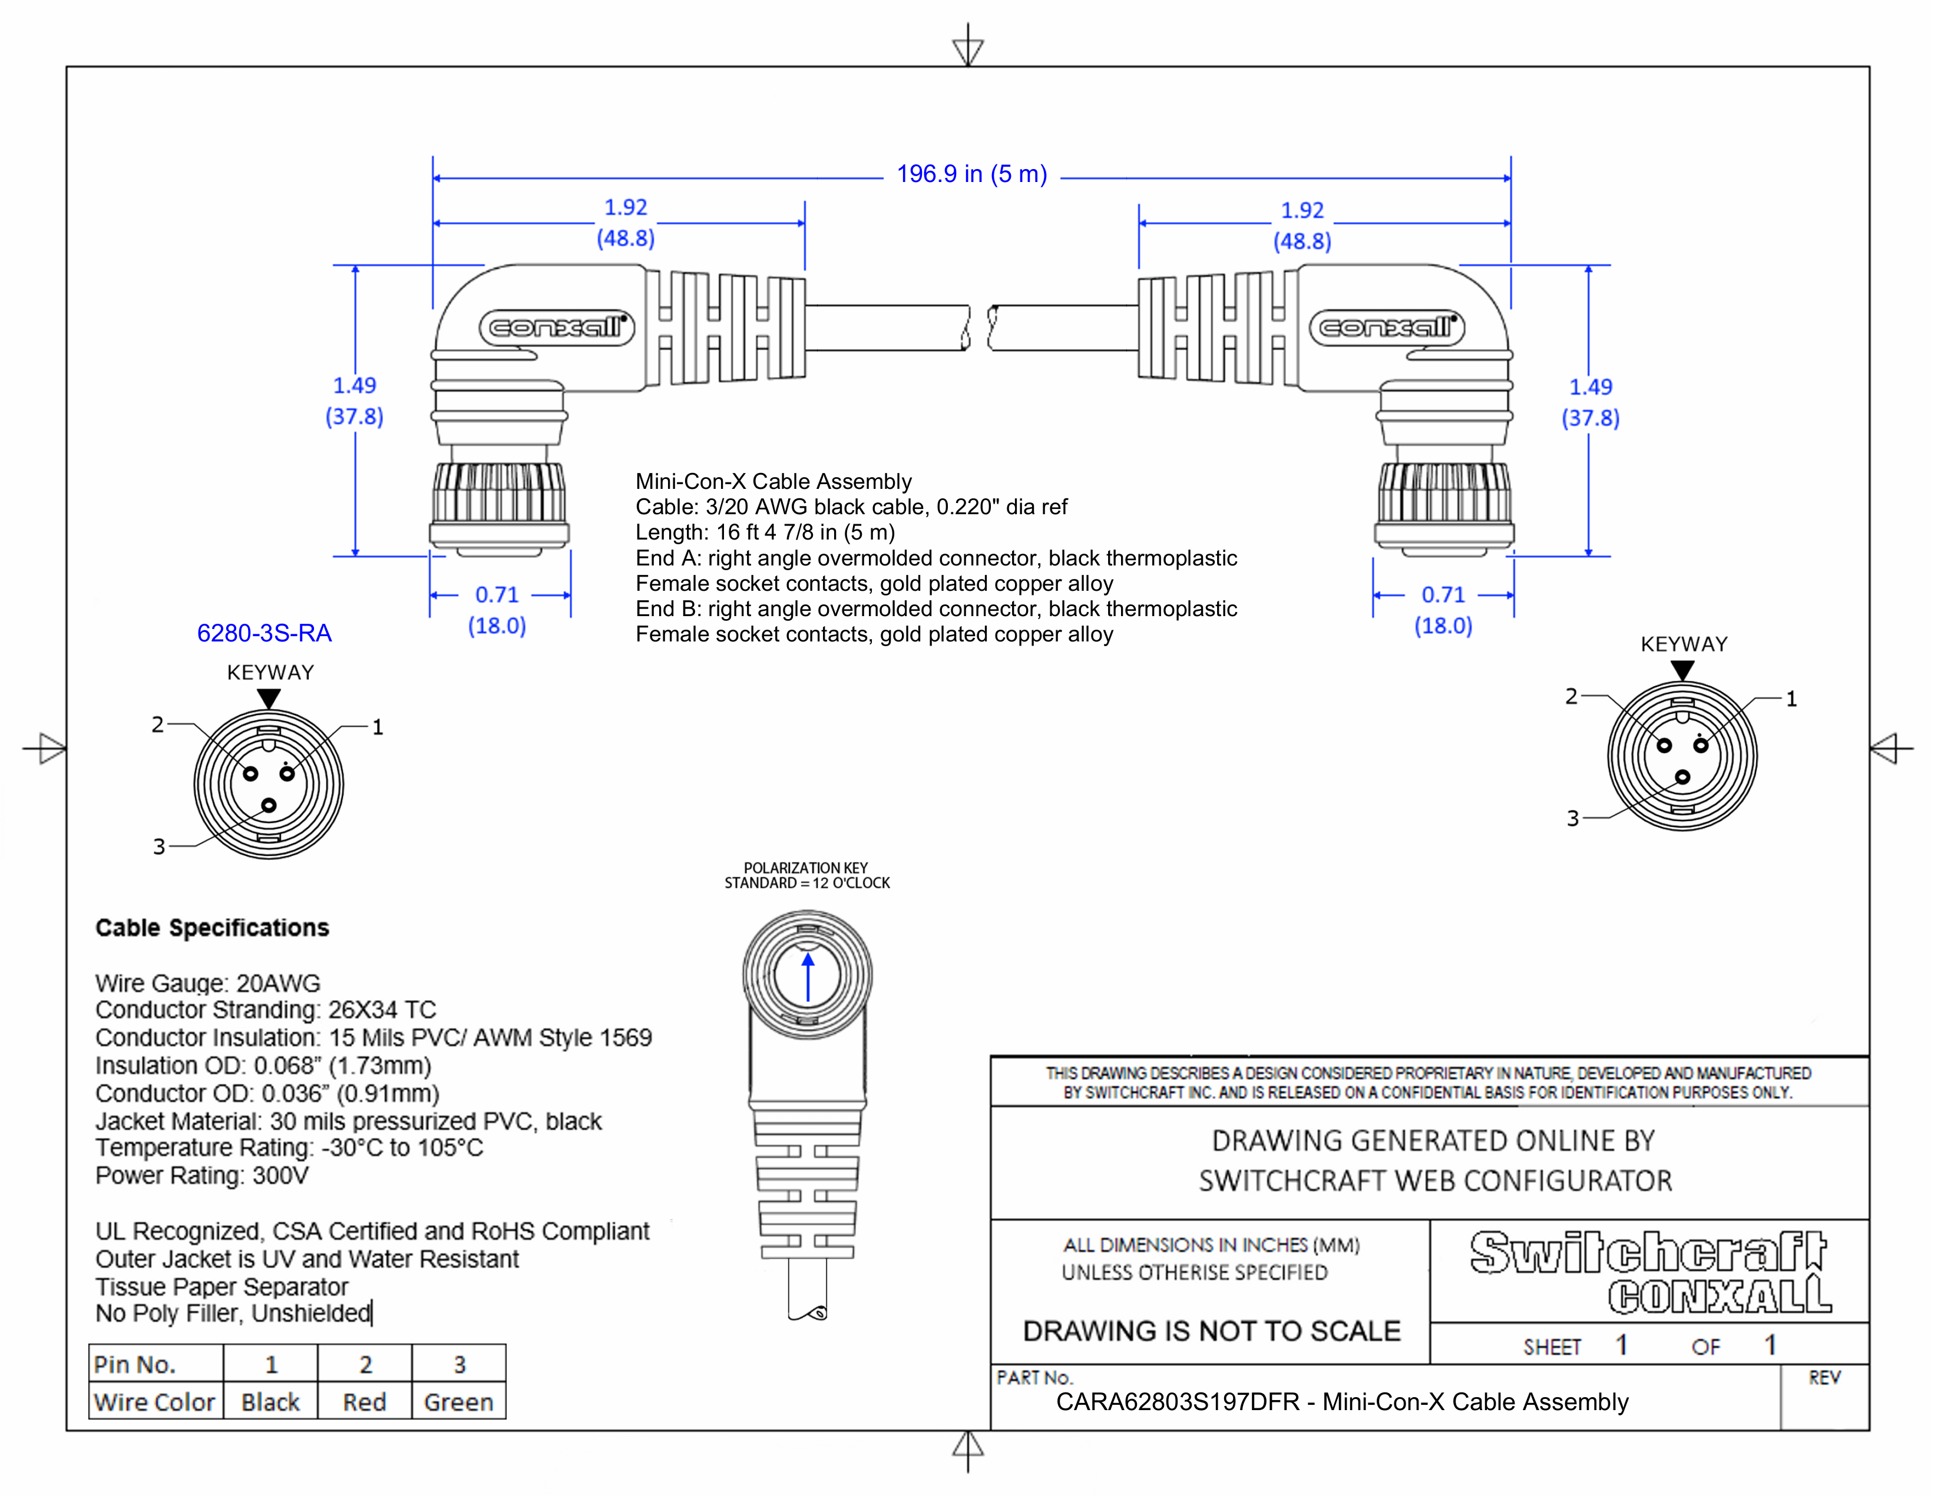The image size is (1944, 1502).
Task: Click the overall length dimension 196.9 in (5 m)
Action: (971, 174)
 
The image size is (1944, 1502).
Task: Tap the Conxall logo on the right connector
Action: (1387, 327)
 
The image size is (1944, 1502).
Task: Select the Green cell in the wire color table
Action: (458, 1402)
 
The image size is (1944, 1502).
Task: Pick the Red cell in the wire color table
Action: (364, 1402)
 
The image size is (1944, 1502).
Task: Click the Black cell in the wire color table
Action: (270, 1402)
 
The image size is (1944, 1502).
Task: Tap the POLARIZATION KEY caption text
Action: (805, 868)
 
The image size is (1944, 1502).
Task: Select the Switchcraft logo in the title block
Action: (1648, 1253)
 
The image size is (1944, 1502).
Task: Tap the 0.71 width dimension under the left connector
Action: (497, 594)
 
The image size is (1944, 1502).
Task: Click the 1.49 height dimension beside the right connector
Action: (1590, 387)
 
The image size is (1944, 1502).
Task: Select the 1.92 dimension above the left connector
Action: (625, 207)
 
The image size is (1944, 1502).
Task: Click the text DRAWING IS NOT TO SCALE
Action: (1211, 1331)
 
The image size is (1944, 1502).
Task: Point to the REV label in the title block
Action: (1823, 1378)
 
